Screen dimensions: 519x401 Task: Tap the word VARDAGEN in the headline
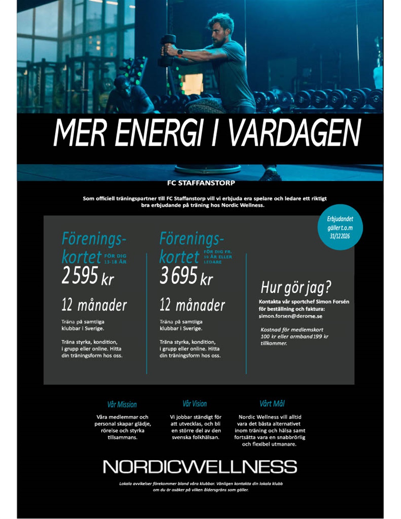(x=295, y=133)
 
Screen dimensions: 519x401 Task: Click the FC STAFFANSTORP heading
(x=201, y=183)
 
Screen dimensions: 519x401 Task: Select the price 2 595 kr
(x=88, y=276)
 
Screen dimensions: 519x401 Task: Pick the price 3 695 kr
(x=186, y=276)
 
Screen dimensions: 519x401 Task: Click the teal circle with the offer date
(x=340, y=227)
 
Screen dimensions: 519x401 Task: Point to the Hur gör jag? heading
(x=296, y=287)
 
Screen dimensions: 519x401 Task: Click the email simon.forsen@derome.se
(x=290, y=316)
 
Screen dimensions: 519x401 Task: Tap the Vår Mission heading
(x=122, y=404)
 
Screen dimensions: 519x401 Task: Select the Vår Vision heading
(x=195, y=403)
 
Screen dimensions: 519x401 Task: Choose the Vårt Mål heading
(x=272, y=403)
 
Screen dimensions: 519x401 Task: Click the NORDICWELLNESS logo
(x=200, y=466)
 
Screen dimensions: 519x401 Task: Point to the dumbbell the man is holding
(x=167, y=50)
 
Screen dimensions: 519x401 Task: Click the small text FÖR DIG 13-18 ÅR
(x=115, y=259)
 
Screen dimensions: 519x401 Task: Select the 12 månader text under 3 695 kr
(x=192, y=306)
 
